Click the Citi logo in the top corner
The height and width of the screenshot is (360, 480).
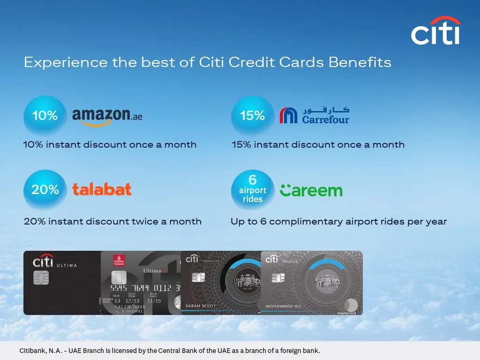point(435,31)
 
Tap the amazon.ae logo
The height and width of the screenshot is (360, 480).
point(107,116)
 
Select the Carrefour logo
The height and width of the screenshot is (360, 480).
point(315,115)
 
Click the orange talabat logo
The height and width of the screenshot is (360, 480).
point(102,189)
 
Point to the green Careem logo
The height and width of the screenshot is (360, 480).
point(311,190)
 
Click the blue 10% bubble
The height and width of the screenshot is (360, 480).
point(45,116)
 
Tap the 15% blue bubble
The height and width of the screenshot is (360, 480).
point(253,116)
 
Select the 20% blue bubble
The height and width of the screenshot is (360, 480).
point(45,190)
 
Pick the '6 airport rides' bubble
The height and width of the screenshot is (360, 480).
point(253,189)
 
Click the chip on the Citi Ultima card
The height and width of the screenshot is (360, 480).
point(41,278)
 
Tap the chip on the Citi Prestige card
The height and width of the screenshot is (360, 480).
point(198,278)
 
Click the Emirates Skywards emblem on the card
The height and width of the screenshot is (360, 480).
point(119,261)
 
